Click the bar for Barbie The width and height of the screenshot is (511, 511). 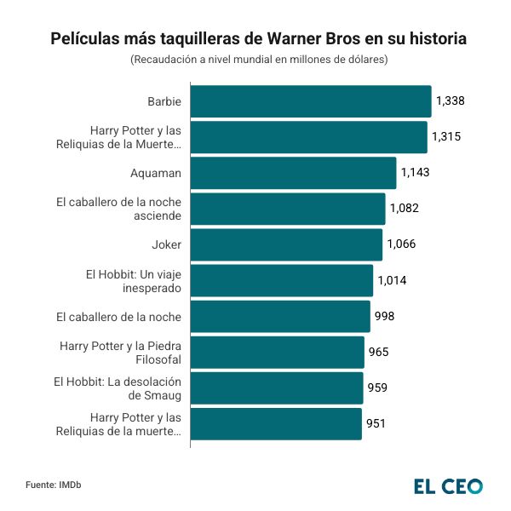point(310,101)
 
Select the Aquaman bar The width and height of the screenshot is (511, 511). point(293,173)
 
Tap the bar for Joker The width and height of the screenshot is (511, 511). point(286,245)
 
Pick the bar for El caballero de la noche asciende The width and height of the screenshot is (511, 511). point(287,209)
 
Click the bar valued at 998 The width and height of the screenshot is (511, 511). point(280,317)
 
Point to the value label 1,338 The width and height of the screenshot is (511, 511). point(450,101)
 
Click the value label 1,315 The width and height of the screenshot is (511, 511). point(446,137)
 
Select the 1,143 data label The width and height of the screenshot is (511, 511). point(415,173)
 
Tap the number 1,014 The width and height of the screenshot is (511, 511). point(393,280)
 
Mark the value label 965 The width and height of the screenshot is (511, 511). point(378,352)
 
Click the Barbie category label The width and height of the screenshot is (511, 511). point(164,101)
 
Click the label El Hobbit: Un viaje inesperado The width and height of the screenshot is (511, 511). point(134,280)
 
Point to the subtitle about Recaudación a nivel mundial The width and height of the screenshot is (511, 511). point(259,60)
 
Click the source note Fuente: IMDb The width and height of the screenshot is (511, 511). point(53,485)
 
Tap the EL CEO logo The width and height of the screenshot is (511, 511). point(448,486)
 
